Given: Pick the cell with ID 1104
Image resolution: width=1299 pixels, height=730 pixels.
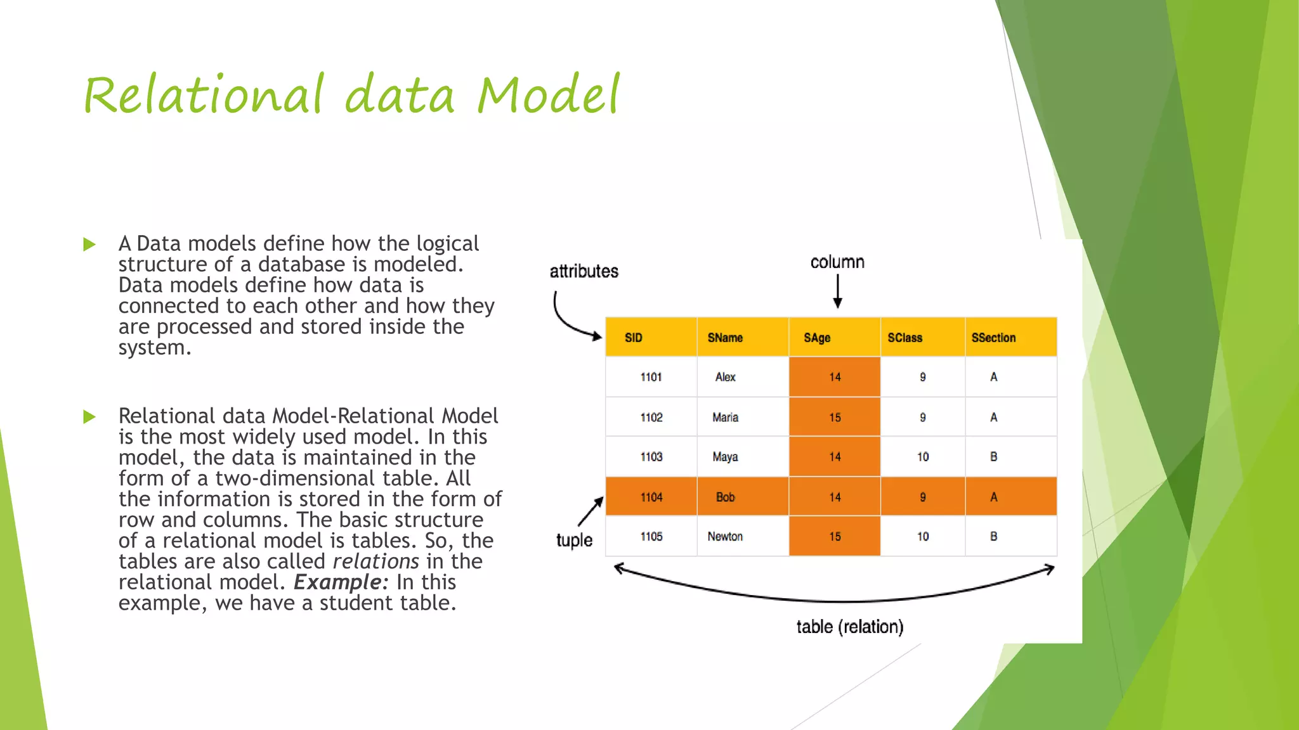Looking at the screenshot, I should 651,497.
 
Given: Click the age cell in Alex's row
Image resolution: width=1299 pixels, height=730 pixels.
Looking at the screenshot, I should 834,377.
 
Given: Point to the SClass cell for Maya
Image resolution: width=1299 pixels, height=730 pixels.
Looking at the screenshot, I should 922,457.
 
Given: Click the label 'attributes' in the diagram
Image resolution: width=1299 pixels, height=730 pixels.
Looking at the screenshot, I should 584,271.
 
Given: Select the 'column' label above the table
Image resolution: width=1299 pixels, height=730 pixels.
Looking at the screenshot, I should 837,262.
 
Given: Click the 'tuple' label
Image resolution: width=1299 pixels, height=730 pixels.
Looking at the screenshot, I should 574,540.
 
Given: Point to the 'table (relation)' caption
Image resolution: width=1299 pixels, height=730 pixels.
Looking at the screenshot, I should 849,627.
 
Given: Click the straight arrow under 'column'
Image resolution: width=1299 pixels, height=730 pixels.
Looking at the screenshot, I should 837,292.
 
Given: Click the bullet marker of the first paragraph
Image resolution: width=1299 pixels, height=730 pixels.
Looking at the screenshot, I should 89,244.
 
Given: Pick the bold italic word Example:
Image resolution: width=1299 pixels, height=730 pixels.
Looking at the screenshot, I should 341,582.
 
